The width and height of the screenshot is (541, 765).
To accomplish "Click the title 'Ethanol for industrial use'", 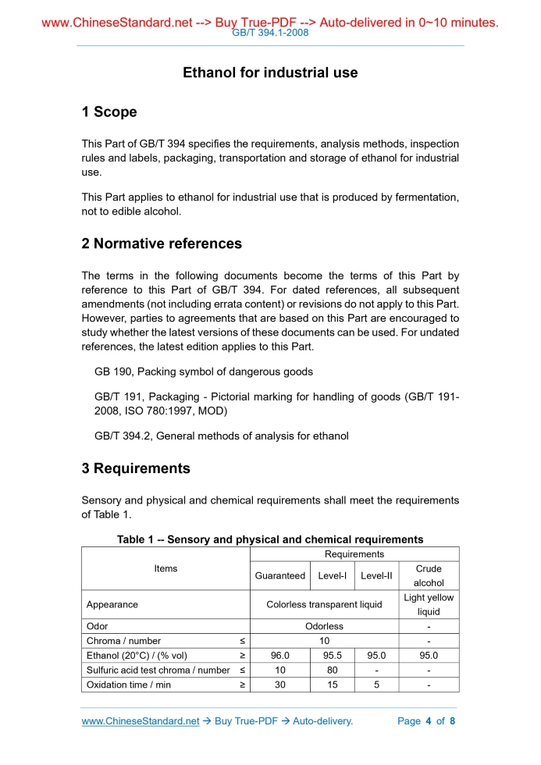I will pos(270,73).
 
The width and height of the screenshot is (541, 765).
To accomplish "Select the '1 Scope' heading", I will pos(109,112).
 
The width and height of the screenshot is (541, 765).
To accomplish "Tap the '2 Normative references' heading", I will pos(162,244).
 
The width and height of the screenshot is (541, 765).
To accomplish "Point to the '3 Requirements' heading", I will pos(136,468).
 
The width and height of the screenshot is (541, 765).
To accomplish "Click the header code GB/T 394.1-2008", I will pos(270,33).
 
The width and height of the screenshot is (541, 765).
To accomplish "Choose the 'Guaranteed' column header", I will pos(280,576).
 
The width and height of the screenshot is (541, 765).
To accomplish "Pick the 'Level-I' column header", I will pos(333,576).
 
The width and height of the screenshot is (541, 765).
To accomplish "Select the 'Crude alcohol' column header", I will pos(429,576).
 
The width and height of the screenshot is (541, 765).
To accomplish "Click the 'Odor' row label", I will pos(97,626).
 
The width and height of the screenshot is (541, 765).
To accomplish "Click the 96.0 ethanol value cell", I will pos(280,656).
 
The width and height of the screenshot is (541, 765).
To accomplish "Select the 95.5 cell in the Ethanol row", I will pos(333,656).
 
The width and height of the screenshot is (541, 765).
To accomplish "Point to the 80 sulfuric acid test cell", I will pos(333,670).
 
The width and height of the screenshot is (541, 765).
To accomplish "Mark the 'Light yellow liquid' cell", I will pos(429,604).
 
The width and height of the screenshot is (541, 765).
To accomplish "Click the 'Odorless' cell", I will pos(324,626).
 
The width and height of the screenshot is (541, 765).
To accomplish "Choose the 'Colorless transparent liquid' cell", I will pos(324,604).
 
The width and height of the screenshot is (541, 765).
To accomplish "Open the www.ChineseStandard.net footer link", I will pos(141,721).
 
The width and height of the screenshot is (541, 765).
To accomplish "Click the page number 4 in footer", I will pos(428,721).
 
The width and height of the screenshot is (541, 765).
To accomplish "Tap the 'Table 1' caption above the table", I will pos(270,539).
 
